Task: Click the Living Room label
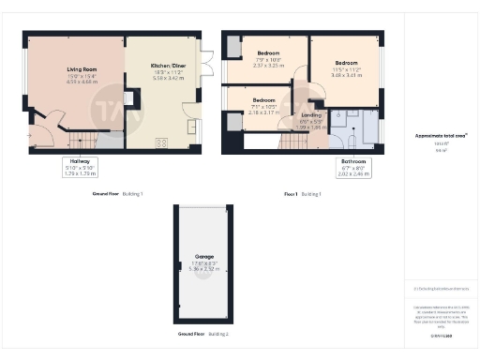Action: (x=83, y=67)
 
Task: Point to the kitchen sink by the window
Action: (x=193, y=127)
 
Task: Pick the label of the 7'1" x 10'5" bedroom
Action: (x=263, y=99)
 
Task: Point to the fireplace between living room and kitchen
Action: (x=132, y=97)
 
